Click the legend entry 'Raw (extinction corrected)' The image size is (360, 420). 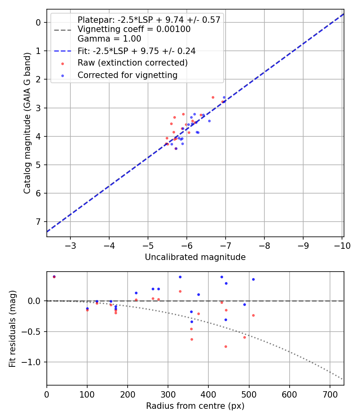(x=132, y=63)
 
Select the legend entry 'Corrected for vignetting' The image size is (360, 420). (x=127, y=75)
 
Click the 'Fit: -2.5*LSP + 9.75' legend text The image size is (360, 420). (x=136, y=51)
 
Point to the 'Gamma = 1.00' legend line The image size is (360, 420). (x=109, y=39)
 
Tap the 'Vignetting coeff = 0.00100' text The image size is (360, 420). (x=134, y=29)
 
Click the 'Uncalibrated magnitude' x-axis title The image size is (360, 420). (x=195, y=257)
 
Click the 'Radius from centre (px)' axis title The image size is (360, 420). (x=195, y=406)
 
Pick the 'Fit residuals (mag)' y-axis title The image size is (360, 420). (x=13, y=329)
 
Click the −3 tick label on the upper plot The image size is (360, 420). (x=70, y=245)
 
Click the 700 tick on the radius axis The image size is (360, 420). (x=330, y=394)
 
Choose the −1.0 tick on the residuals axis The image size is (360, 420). (x=33, y=362)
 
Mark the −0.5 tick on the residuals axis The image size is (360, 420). (x=33, y=332)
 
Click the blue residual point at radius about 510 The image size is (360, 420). (x=253, y=279)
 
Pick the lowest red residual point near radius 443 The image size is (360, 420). (x=226, y=346)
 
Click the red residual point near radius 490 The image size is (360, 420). (x=244, y=337)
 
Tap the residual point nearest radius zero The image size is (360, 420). (x=54, y=276)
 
